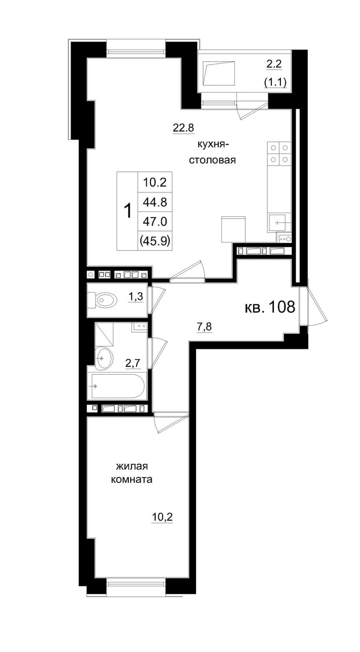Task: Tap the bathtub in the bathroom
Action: tap(118, 386)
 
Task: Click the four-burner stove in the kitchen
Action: tap(279, 153)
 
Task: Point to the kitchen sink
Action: tap(279, 223)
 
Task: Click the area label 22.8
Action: tap(183, 127)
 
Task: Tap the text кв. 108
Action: tap(270, 306)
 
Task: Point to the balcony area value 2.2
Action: tap(274, 64)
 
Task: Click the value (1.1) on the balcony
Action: tap(275, 83)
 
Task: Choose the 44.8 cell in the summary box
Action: tap(155, 202)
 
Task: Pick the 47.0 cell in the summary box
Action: tap(155, 222)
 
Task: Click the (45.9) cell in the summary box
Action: tap(155, 241)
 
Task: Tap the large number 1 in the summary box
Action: tap(127, 211)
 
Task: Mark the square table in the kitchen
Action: tap(233, 230)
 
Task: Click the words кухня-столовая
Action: tap(212, 152)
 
